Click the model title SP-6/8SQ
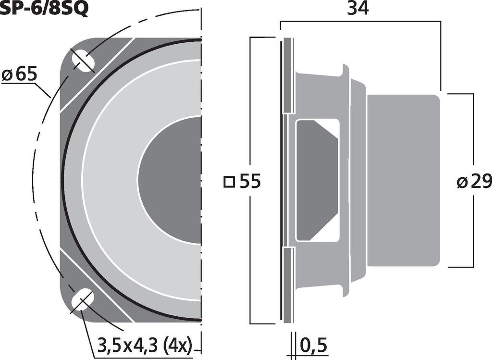(44, 9)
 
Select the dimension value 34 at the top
(358, 9)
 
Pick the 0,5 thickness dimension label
(314, 345)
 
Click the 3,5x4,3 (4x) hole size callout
(145, 345)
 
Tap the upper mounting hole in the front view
(83, 61)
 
